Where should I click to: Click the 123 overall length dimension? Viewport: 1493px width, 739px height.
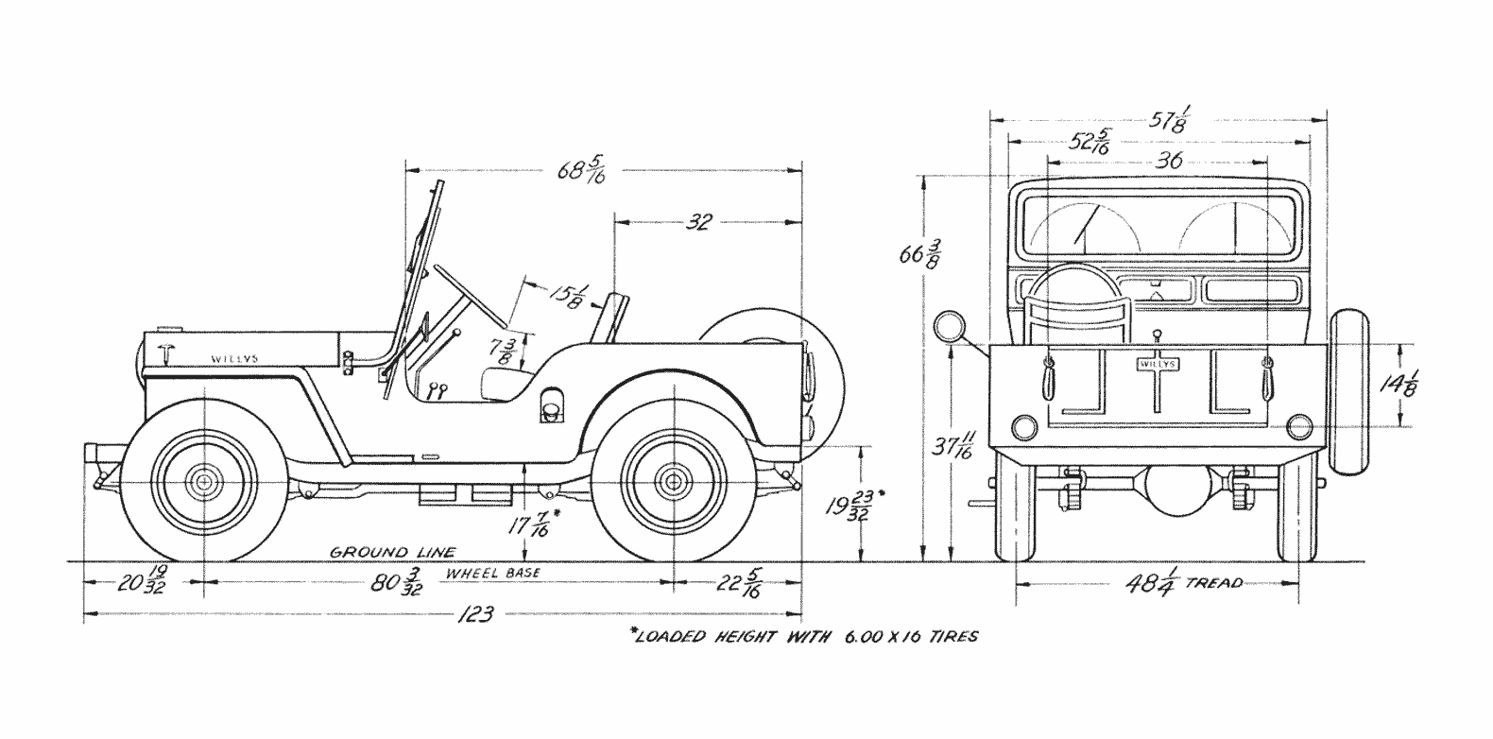tap(474, 614)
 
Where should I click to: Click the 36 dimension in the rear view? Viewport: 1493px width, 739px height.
tap(1169, 161)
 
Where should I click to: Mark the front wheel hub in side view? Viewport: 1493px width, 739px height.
tap(202, 482)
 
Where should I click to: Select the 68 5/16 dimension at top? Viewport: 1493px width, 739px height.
tap(581, 172)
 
